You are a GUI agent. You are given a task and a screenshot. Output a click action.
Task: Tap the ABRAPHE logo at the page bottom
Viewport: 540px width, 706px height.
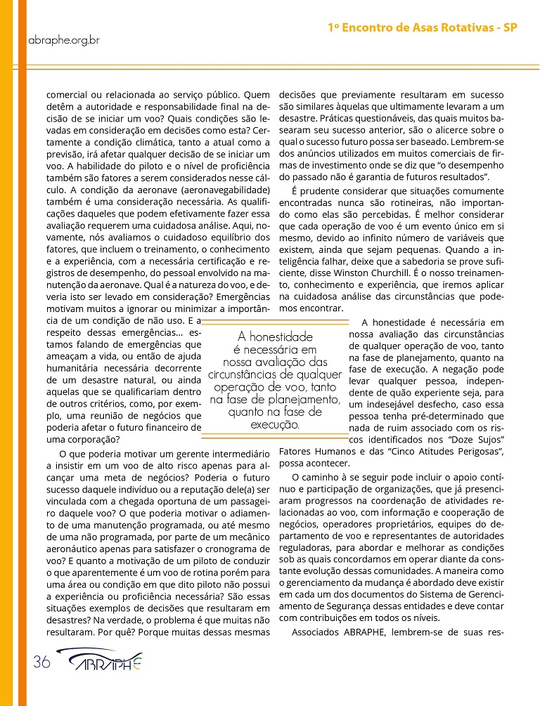tap(98, 662)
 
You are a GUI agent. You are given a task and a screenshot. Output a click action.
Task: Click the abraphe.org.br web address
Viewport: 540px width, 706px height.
tap(63, 39)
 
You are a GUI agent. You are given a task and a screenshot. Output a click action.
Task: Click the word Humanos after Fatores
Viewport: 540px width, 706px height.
tap(335, 451)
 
